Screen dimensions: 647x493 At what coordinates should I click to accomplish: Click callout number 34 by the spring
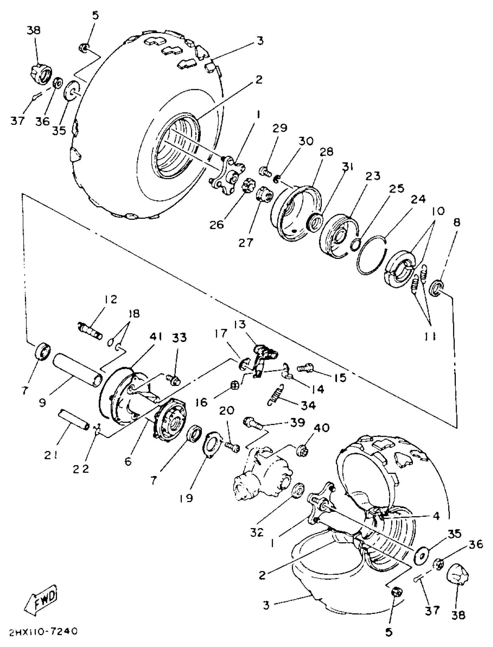308,405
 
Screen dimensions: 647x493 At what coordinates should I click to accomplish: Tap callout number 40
322,428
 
